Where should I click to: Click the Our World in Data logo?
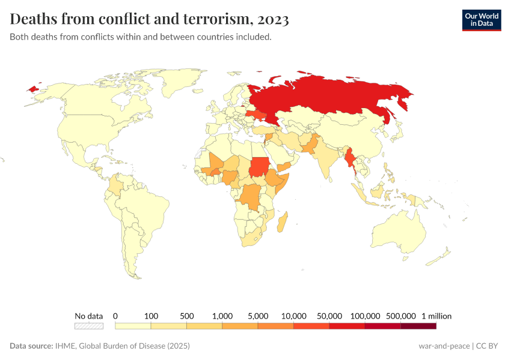(x=481, y=20)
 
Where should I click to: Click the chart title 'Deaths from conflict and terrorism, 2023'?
(x=149, y=19)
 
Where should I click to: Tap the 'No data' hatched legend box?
(x=89, y=326)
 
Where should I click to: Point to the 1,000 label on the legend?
(x=222, y=316)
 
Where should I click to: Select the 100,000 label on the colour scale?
(x=365, y=316)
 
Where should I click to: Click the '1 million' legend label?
(x=436, y=316)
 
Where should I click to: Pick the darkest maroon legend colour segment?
(x=418, y=326)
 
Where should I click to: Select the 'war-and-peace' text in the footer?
(x=445, y=346)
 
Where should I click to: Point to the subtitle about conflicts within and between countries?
(x=141, y=37)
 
